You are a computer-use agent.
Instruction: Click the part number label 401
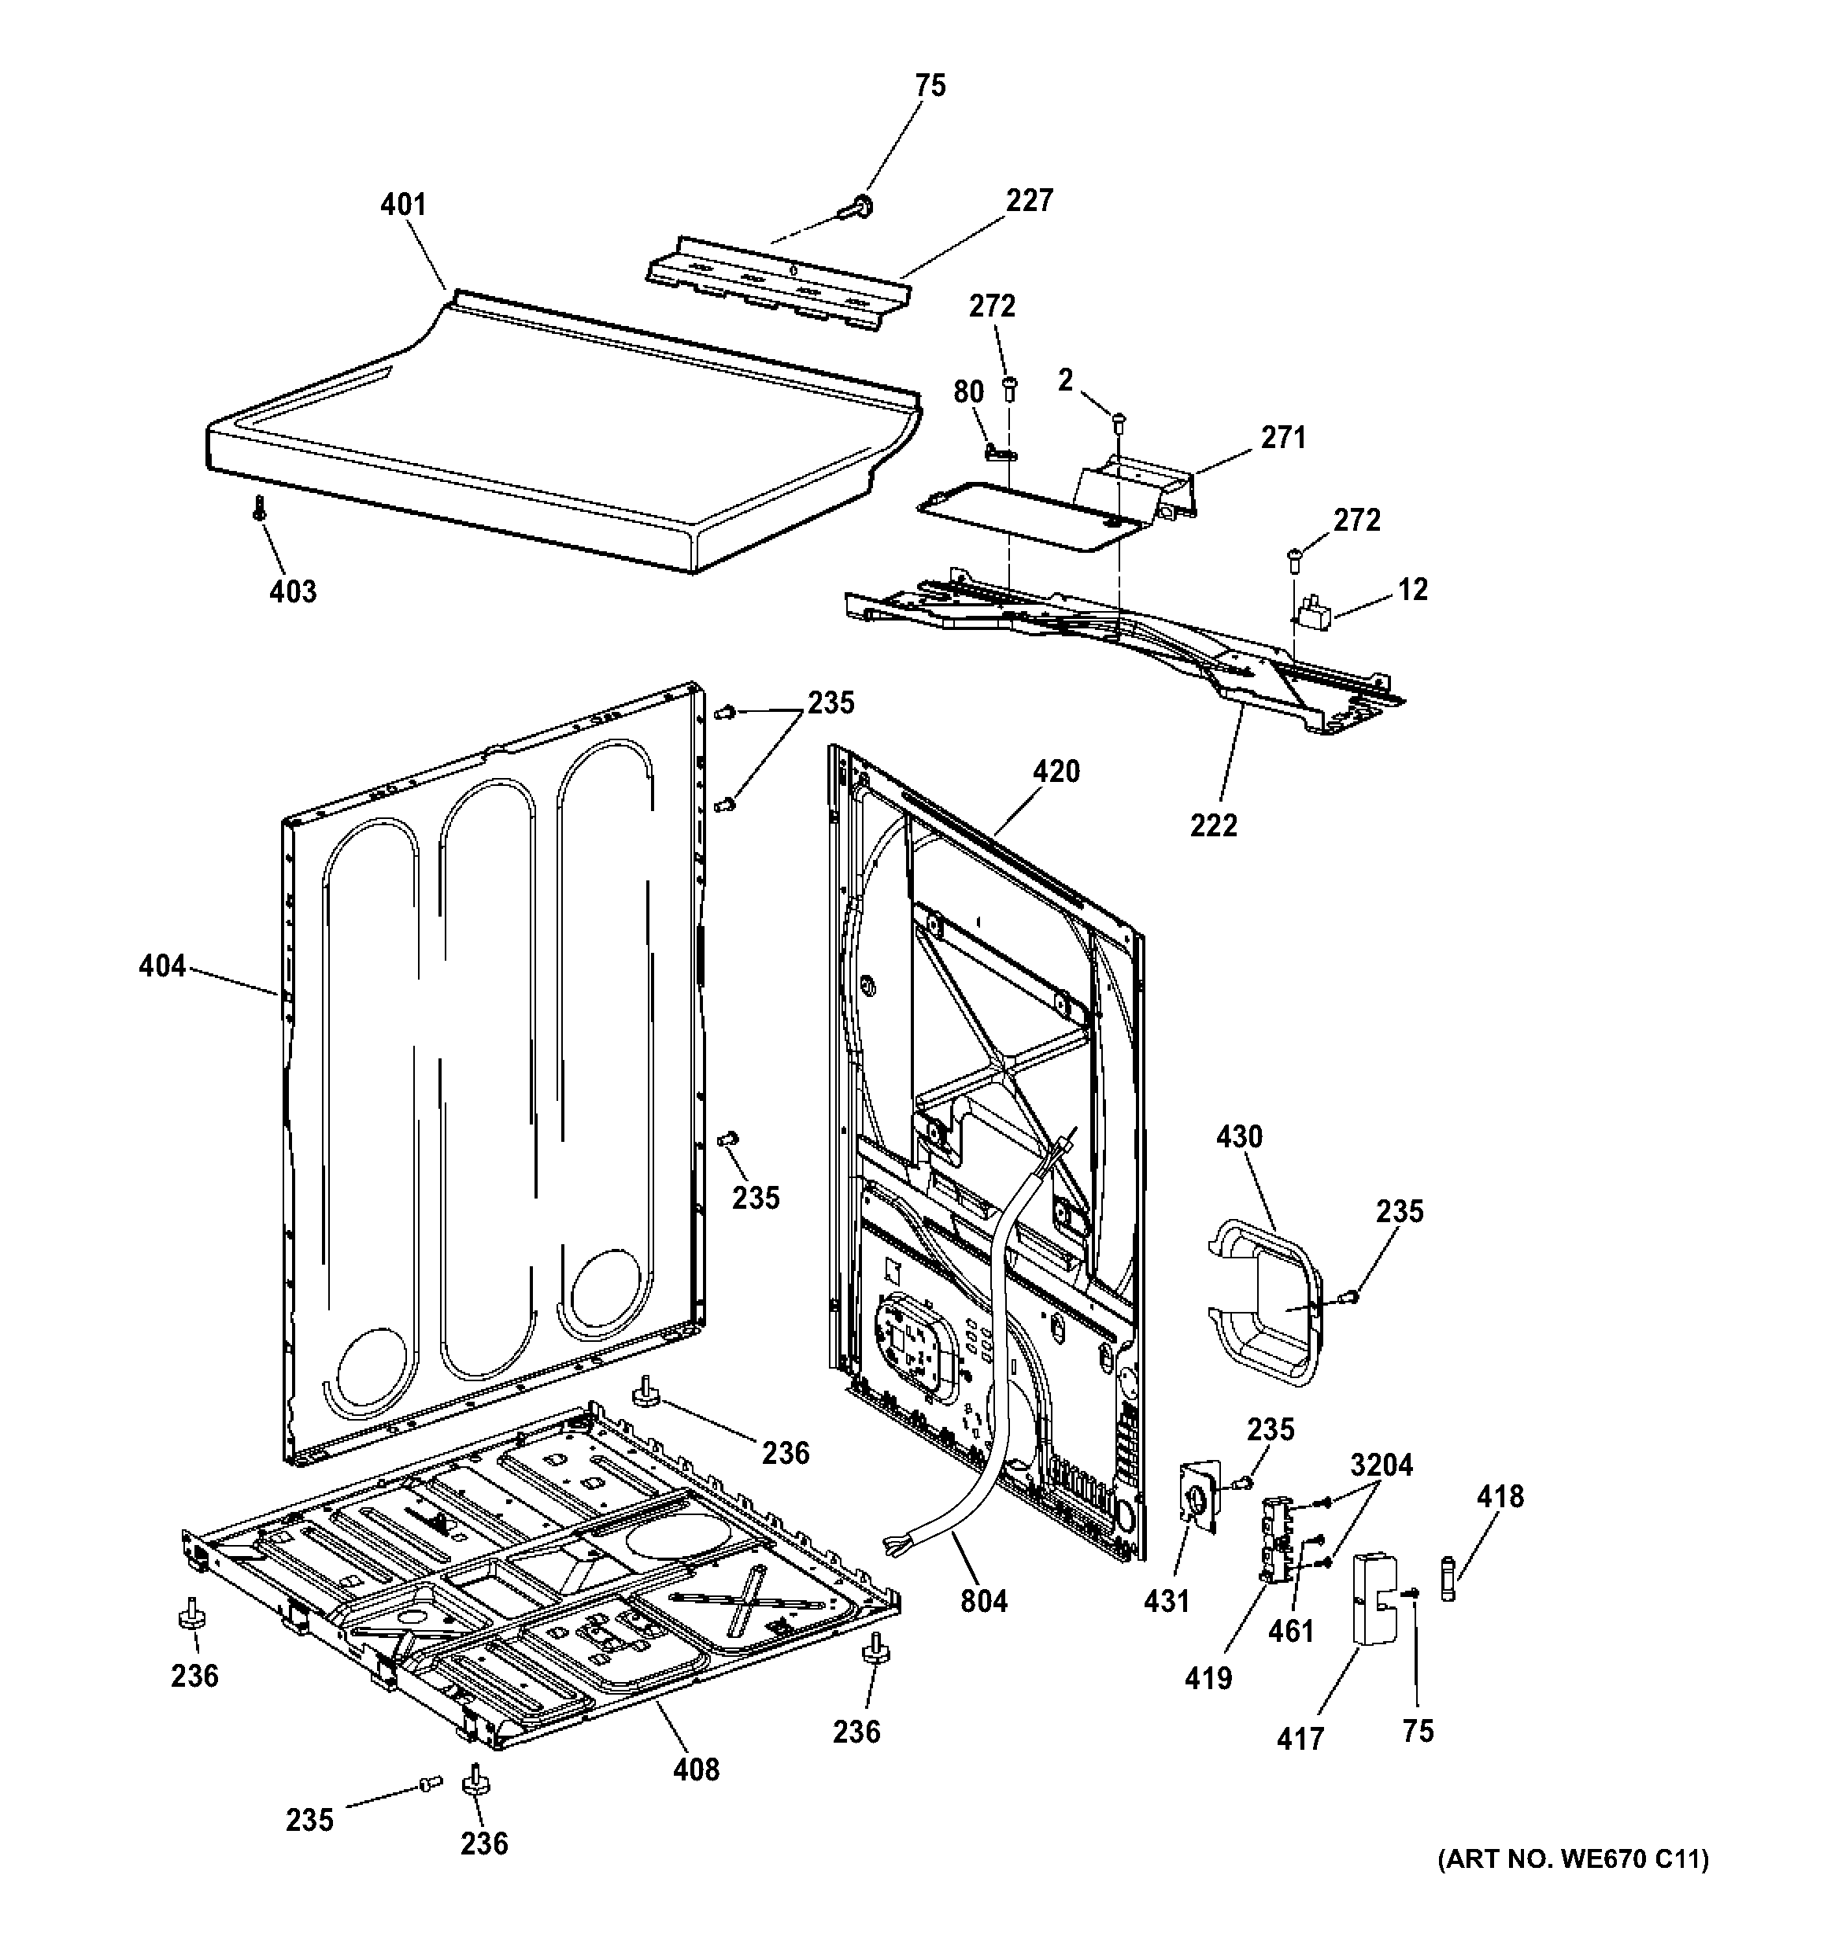click(403, 205)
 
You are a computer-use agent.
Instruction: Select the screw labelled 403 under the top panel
click(260, 507)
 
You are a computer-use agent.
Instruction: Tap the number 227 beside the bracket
click(1028, 200)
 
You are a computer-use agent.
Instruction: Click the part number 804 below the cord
click(983, 1601)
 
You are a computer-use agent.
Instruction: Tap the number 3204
click(1381, 1465)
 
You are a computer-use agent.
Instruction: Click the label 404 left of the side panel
click(161, 967)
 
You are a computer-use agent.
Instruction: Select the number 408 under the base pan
click(696, 1769)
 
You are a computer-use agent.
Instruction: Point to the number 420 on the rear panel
click(1056, 772)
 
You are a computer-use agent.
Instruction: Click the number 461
click(1291, 1632)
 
